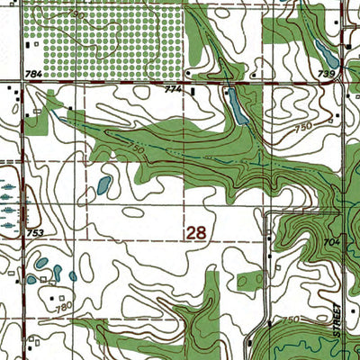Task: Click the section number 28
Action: (x=196, y=233)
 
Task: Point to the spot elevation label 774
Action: (x=174, y=91)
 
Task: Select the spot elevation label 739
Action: (x=326, y=73)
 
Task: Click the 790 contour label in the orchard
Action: (x=78, y=17)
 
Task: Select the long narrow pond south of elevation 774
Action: (x=238, y=107)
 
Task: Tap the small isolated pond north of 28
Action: (x=103, y=185)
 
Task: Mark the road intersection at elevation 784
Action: (x=20, y=83)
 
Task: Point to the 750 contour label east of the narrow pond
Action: (x=303, y=128)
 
